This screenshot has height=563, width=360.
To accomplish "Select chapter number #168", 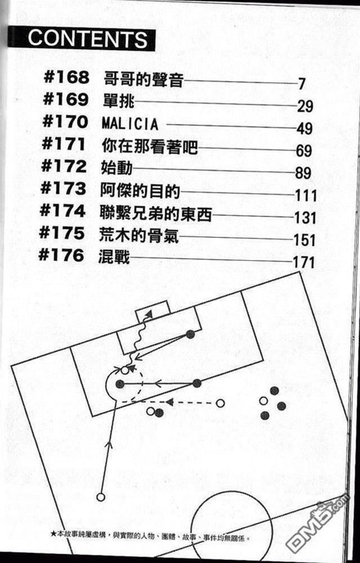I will coord(66,78).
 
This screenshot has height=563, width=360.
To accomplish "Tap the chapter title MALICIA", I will coord(130,123).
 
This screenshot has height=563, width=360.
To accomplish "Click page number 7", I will coord(302,84).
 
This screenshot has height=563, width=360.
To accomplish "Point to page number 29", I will coord(305,106).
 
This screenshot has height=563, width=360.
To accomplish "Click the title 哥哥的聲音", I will coord(143,78).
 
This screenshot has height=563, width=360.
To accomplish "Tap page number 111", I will coord(305,195).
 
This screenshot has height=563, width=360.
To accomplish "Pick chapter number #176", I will coord(62,256).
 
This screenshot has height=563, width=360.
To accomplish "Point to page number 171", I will coord(304,262).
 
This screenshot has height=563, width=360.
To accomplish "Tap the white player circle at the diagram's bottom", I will coord(101,497).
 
